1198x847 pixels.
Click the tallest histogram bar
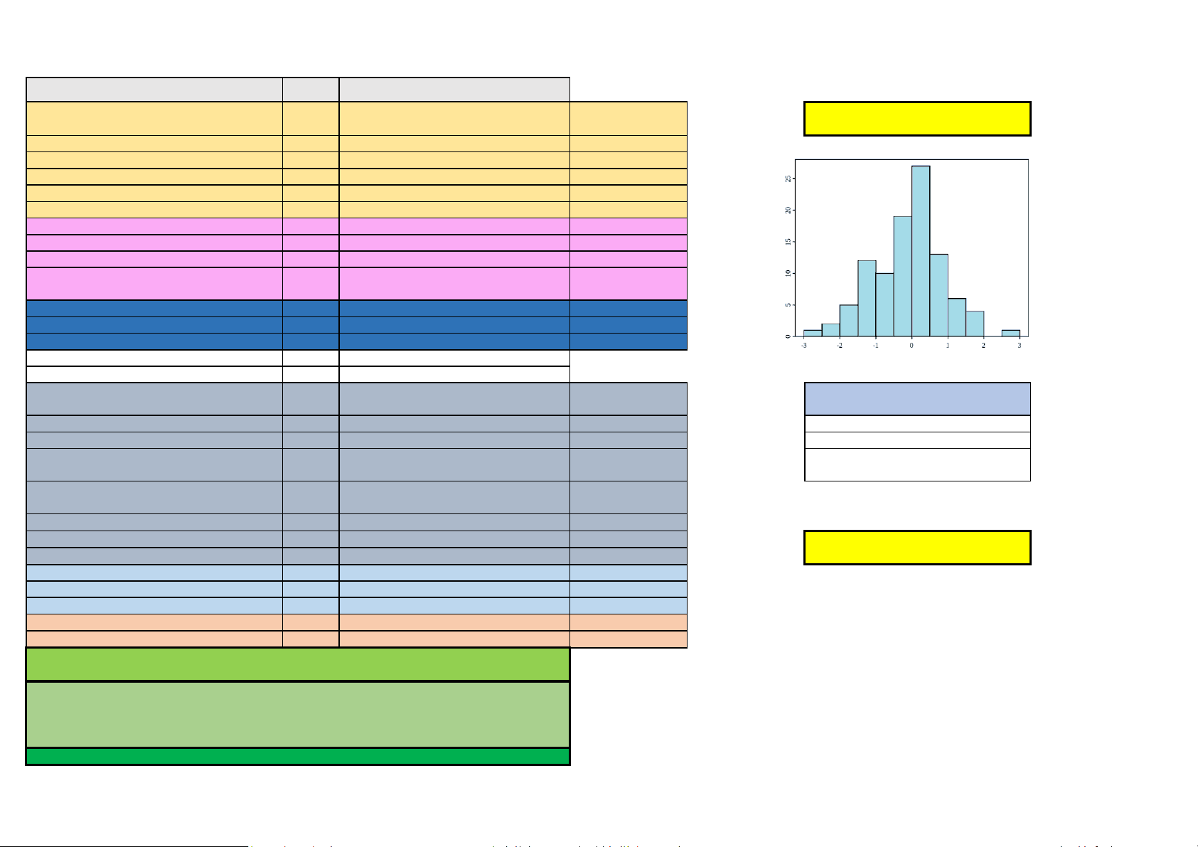(x=921, y=251)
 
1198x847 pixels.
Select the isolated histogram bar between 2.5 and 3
(x=1010, y=334)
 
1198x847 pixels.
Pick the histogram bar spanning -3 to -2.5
(x=813, y=334)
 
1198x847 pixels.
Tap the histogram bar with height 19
(x=903, y=277)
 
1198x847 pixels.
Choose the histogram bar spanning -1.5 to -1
(x=867, y=299)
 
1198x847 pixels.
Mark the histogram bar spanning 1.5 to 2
(x=975, y=324)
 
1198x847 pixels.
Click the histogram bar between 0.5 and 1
(x=938, y=295)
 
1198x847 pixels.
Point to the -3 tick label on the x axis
(x=804, y=346)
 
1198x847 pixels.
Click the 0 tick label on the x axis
(x=912, y=346)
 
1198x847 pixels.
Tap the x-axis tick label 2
(x=983, y=346)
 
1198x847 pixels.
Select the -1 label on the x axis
(x=875, y=346)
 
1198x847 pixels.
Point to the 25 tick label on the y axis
(x=788, y=179)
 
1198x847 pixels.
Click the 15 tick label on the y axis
(x=788, y=242)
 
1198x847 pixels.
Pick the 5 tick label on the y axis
(x=788, y=305)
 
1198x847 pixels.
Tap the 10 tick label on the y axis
(x=788, y=273)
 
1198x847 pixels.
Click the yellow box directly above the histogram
(x=917, y=119)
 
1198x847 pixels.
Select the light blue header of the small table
(x=917, y=399)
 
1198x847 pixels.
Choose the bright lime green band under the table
(x=298, y=664)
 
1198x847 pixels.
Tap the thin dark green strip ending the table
(x=298, y=757)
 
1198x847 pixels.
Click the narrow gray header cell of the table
(x=311, y=90)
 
